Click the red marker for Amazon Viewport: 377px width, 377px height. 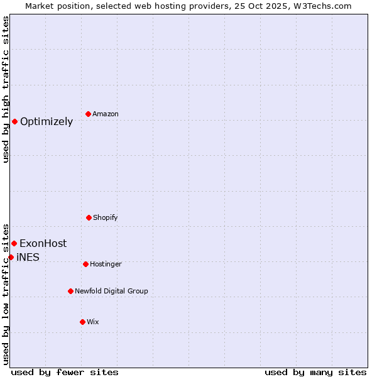click(x=89, y=114)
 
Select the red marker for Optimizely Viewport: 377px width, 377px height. click(x=14, y=121)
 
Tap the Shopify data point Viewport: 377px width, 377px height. click(x=89, y=217)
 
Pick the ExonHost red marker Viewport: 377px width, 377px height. click(x=14, y=243)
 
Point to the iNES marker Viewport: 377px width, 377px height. click(x=11, y=257)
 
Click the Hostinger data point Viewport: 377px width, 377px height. click(x=85, y=264)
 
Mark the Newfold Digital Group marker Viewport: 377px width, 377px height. click(x=70, y=291)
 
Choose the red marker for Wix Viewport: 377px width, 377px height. click(x=82, y=322)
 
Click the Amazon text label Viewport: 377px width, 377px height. click(x=106, y=114)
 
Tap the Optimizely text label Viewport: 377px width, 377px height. click(x=46, y=122)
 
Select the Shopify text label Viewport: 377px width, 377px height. click(x=106, y=217)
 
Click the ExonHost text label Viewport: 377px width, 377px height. click(x=43, y=244)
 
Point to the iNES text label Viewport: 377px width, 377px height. click(x=28, y=258)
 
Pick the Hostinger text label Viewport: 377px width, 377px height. click(x=106, y=264)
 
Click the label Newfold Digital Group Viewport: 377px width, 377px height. click(x=111, y=291)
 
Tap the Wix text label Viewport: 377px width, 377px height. click(x=93, y=322)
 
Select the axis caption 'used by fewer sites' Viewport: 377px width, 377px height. click(x=65, y=372)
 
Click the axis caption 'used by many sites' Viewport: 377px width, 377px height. click(x=315, y=372)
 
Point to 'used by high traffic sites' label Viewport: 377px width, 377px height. click(x=6, y=89)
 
